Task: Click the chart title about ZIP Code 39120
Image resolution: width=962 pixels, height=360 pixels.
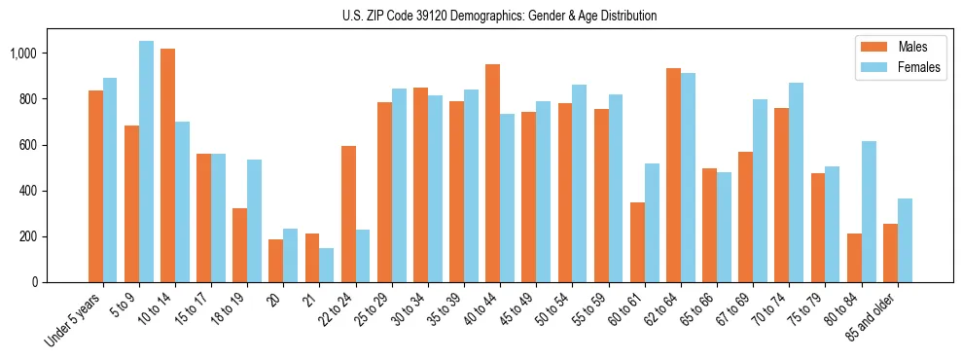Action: (499, 16)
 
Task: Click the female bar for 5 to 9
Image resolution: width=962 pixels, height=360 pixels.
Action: (146, 162)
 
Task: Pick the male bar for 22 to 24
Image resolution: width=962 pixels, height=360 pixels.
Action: (348, 214)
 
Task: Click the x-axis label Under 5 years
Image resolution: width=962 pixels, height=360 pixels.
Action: (73, 319)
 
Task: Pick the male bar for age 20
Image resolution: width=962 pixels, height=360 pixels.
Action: (276, 261)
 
